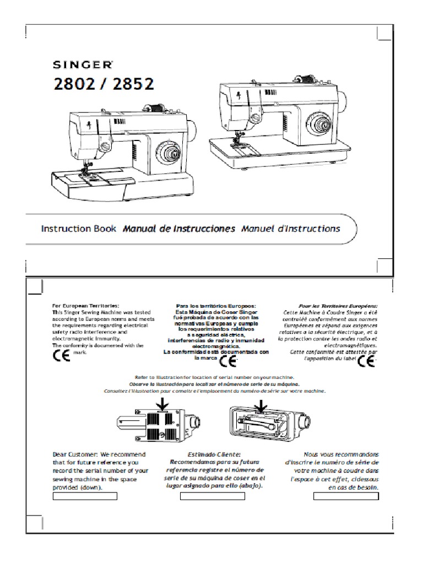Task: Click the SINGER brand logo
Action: pos(83,65)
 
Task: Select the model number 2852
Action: pos(132,85)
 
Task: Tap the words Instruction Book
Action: pos(79,229)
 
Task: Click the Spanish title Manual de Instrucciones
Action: pos(179,229)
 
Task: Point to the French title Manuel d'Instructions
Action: pos(290,229)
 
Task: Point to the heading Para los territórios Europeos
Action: pos(216,305)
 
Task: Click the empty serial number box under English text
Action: pos(85,496)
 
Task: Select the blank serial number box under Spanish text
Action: pos(213,496)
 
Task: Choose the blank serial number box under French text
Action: pos(346,496)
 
